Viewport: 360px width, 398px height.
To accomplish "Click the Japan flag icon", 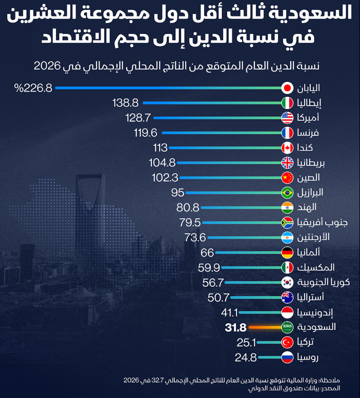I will (x=287, y=88).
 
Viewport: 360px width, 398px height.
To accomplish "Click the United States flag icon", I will (x=287, y=118).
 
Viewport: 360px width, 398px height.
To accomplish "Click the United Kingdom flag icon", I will (x=287, y=163).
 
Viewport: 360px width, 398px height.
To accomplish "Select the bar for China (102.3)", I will (x=231, y=178).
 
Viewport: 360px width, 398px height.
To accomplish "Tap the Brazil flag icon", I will (x=287, y=193).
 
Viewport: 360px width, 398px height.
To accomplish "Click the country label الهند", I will (x=307, y=207).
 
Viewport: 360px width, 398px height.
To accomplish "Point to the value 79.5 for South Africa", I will (x=187, y=223).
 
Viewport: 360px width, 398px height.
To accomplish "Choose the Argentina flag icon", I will (x=287, y=238).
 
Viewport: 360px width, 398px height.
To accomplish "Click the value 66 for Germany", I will (x=207, y=253).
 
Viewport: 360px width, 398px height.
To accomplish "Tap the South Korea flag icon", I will (x=287, y=282).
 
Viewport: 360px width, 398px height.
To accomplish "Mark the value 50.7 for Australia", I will (x=218, y=297).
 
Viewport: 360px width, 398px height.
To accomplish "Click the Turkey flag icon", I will (x=287, y=342).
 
